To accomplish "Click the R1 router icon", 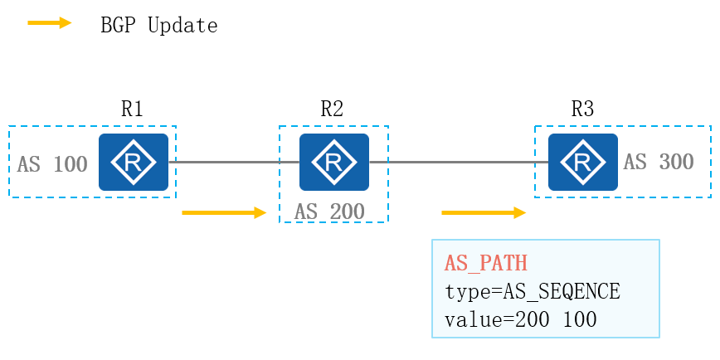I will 133,163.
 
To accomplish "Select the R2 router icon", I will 333,163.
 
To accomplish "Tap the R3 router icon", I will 582,163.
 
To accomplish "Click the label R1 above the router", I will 133,109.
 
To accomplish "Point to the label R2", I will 332,109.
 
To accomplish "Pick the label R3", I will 582,109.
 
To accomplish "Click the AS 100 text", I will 52,164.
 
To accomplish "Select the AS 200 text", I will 329,212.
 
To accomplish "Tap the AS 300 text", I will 659,162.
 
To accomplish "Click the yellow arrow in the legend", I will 50,23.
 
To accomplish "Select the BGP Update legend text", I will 158,26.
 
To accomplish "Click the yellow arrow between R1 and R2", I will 223,213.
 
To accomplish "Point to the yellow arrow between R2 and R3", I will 484,213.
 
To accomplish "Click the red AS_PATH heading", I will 486,264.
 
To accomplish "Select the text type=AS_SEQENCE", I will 533,291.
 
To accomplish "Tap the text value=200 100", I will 521,319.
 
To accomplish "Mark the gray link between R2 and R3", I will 458,163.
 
